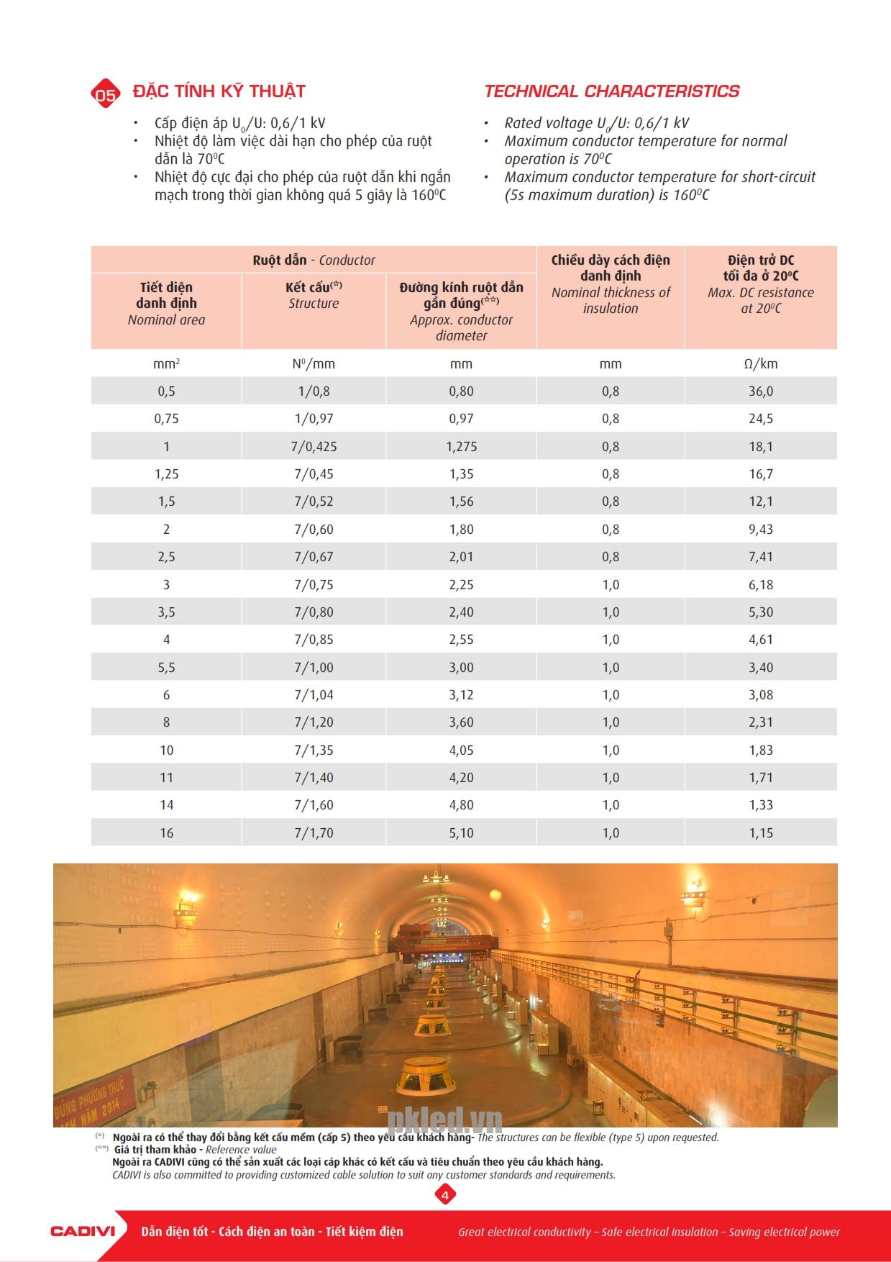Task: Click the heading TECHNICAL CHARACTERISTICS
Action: pos(611,91)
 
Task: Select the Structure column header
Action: pos(314,295)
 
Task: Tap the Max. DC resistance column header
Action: pos(761,284)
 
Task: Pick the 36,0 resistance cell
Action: pos(761,391)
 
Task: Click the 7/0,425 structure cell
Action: pos(314,447)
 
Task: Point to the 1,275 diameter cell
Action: pos(461,447)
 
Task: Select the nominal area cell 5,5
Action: pos(166,668)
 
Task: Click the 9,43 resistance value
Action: pos(761,530)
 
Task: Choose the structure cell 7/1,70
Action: pos(314,833)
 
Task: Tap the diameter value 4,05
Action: pos(461,750)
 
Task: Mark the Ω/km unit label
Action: pos(761,364)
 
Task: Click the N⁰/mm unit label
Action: pos(314,364)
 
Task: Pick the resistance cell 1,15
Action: pos(761,833)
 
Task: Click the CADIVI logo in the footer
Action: pos(83,1231)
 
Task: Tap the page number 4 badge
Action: pos(445,1195)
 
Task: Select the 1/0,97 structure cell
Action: pos(314,419)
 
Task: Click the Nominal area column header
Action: pos(166,304)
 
